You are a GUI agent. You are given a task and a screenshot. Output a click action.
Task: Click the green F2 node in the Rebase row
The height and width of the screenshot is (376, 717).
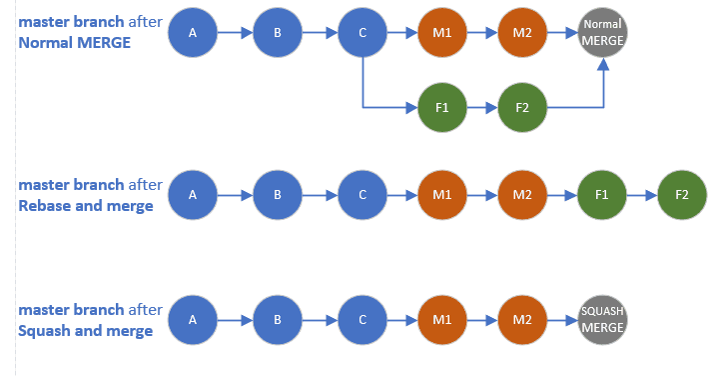pos(682,194)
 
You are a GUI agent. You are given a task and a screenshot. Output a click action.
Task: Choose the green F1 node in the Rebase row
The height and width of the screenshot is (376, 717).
pos(602,194)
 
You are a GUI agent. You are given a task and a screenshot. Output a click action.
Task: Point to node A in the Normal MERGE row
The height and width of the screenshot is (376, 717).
pos(193,34)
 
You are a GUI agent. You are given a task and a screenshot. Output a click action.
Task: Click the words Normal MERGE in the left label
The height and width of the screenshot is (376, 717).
pos(74,43)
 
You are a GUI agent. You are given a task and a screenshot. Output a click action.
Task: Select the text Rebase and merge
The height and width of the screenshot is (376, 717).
pos(86,206)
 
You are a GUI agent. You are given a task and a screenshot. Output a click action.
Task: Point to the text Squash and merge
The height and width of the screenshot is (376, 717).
pos(86,331)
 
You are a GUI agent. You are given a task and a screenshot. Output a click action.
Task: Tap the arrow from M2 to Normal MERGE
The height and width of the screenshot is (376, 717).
pos(562,34)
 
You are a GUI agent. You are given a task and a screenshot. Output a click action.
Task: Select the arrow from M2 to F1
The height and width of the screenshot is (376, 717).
pos(562,194)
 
